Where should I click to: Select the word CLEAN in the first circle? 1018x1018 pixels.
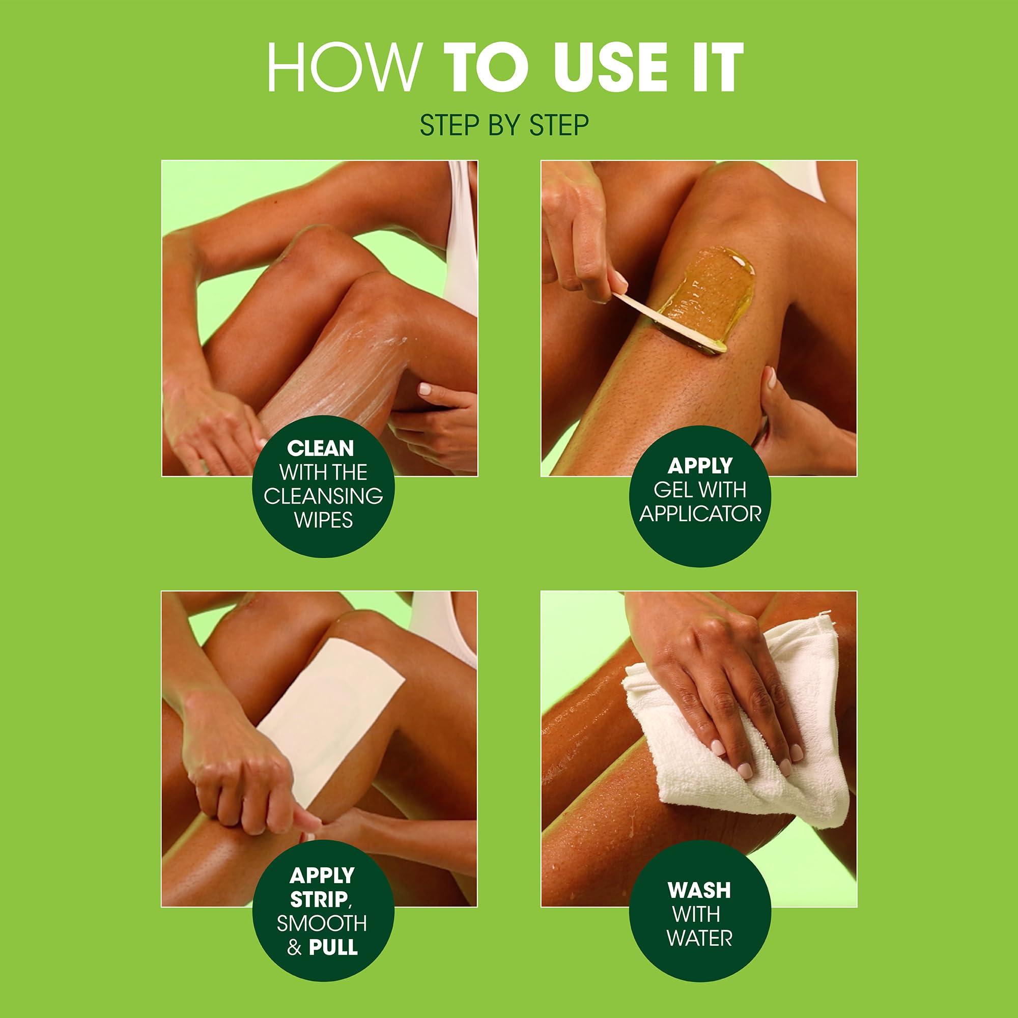pyautogui.click(x=320, y=448)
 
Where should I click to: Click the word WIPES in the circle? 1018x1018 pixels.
pyautogui.click(x=323, y=520)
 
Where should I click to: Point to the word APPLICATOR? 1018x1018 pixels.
pyautogui.click(x=700, y=514)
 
